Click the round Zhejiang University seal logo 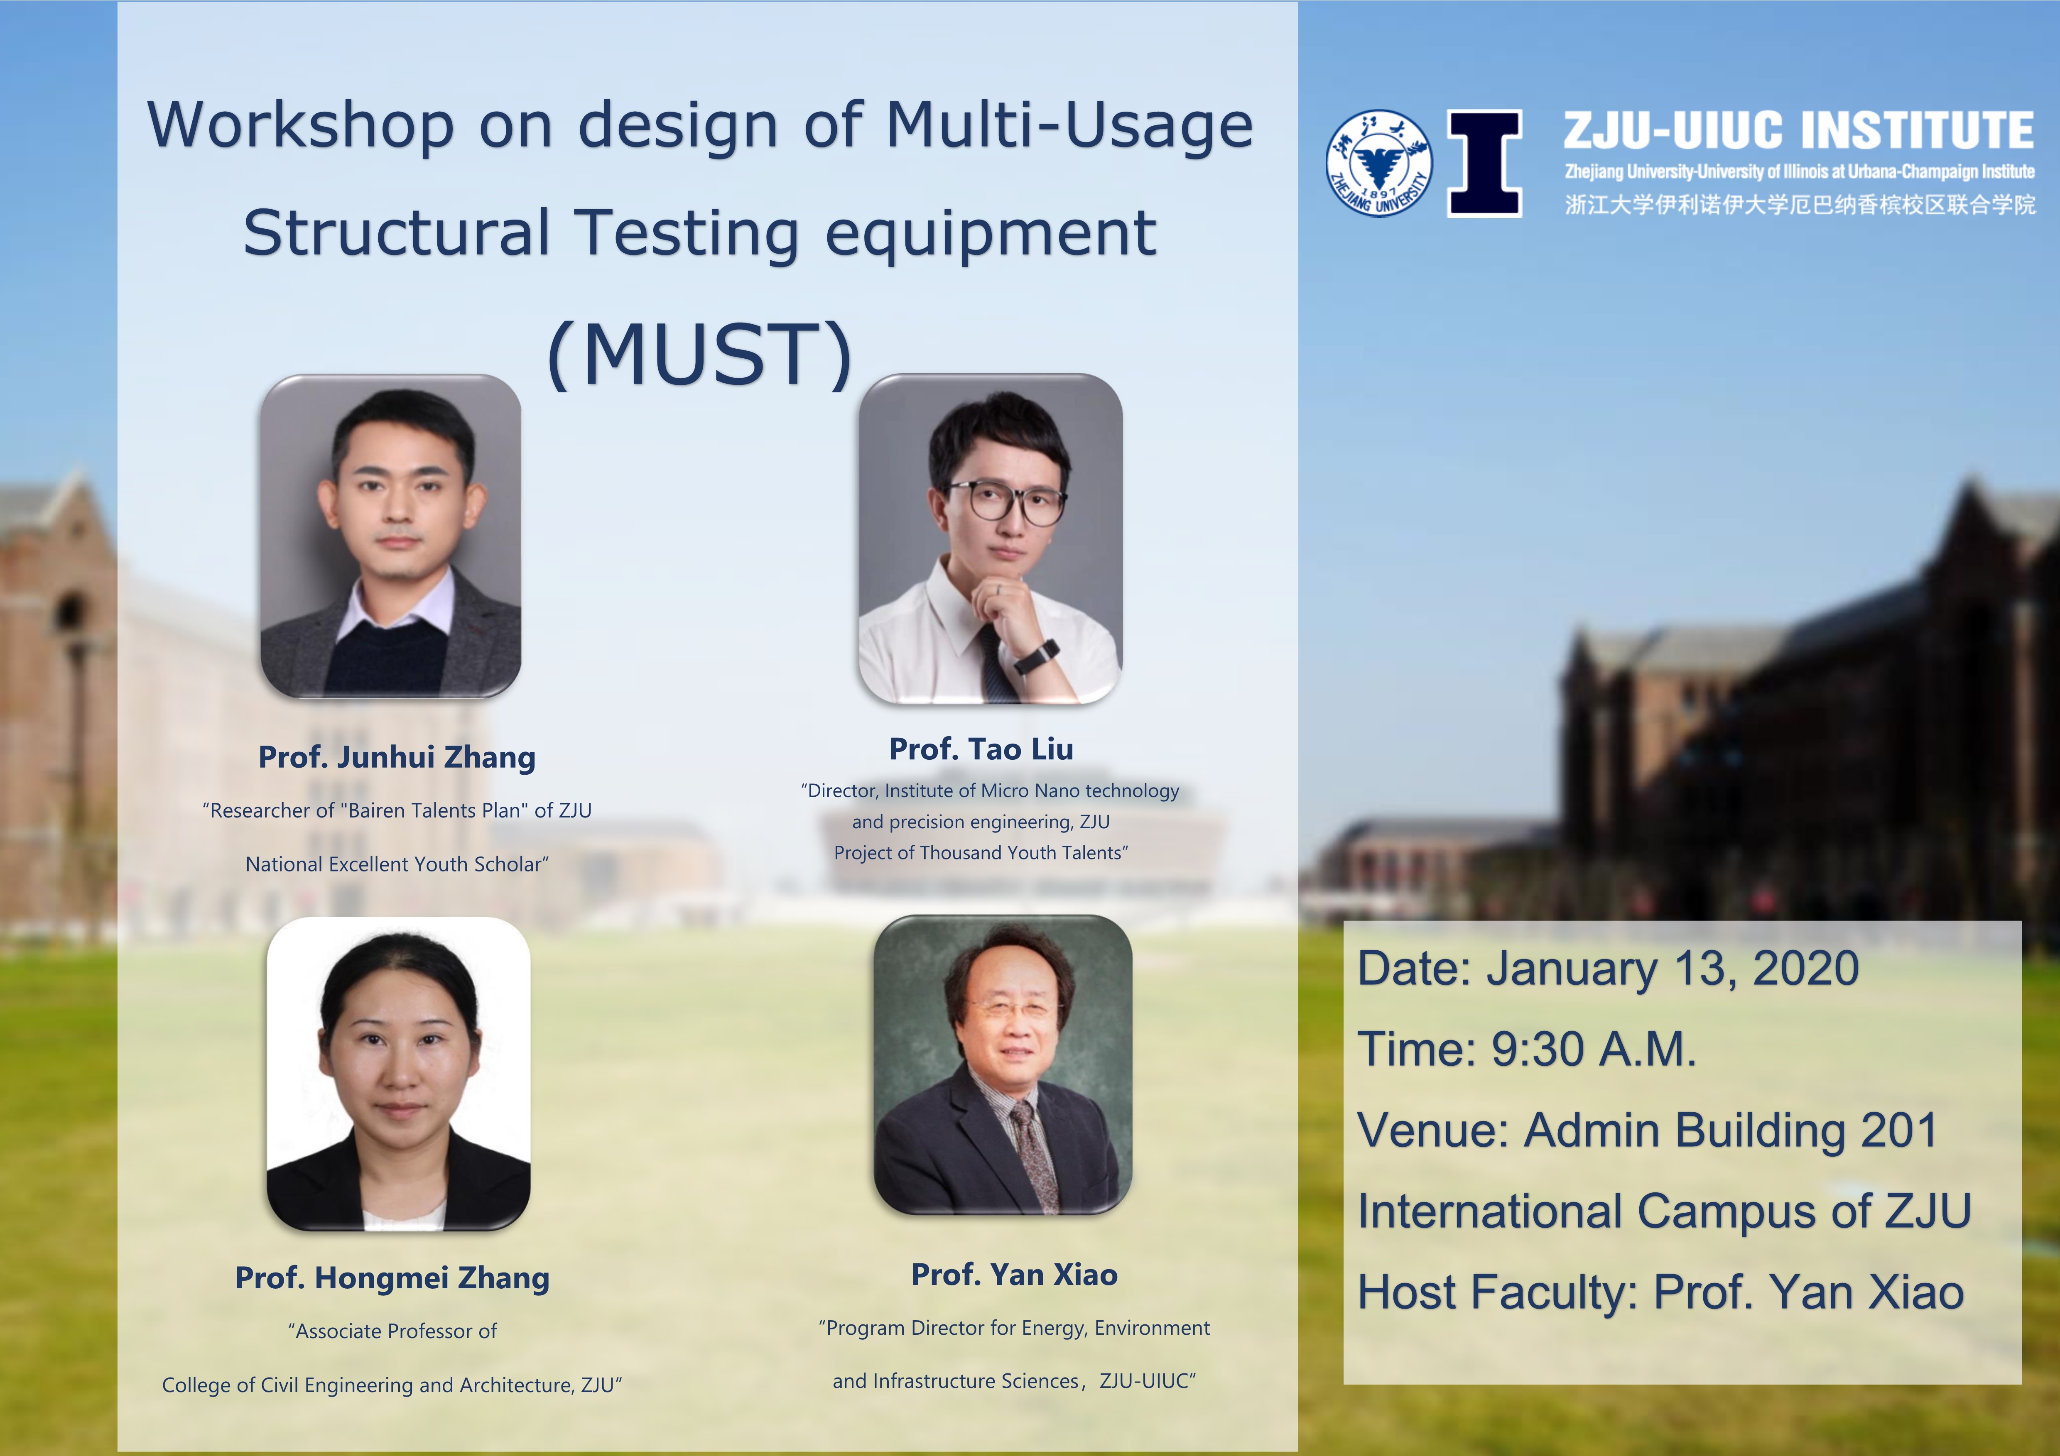point(1379,163)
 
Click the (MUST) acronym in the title point(700,355)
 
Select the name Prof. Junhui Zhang point(397,757)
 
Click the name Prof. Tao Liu point(981,749)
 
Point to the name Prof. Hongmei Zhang point(392,1277)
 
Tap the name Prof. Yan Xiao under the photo point(1014,1274)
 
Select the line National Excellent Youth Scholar point(397,864)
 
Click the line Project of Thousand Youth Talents point(981,852)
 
